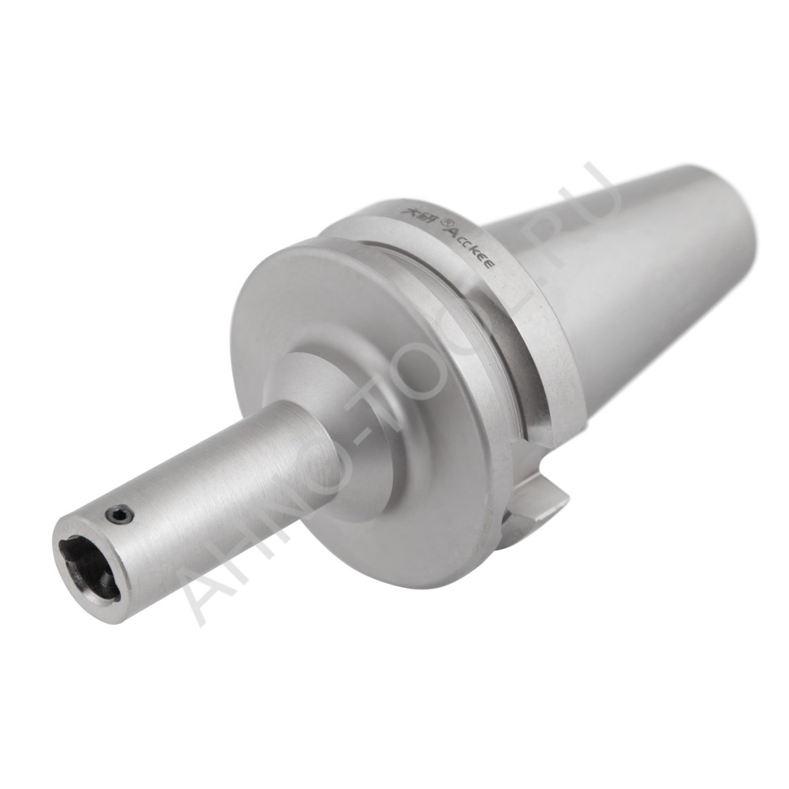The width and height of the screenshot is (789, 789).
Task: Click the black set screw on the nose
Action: (x=118, y=515)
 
